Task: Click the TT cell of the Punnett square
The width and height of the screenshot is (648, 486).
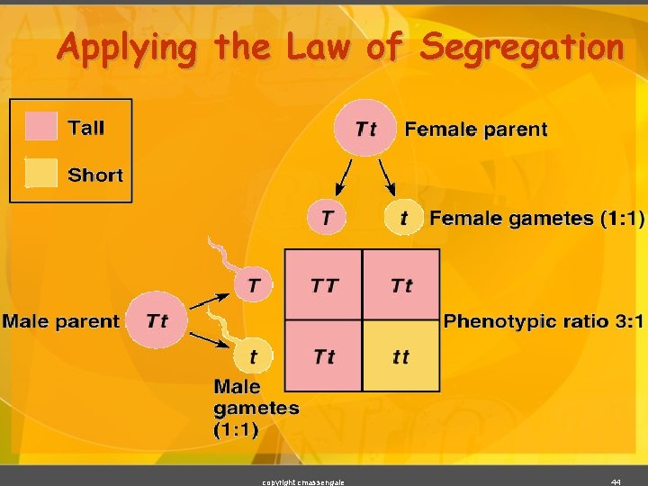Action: [324, 284]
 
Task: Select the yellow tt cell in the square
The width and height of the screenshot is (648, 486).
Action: [401, 355]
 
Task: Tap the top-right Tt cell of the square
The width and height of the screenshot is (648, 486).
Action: [401, 284]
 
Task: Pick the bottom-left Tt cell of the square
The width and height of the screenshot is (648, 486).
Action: [324, 355]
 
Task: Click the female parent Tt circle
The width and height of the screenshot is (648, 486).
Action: [365, 129]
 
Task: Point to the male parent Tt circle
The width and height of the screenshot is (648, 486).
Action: [157, 320]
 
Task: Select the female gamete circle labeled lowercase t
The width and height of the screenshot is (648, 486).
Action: [404, 217]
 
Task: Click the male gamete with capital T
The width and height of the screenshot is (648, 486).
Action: [254, 285]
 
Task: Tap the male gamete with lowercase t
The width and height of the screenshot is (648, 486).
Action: [253, 355]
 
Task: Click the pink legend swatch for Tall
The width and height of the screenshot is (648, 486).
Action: [41, 127]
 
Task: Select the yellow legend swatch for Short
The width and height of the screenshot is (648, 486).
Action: [41, 174]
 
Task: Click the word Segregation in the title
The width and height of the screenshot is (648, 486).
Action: [521, 47]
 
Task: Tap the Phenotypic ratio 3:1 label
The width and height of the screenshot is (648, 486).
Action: [544, 320]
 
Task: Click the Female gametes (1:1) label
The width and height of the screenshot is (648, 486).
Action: [536, 218]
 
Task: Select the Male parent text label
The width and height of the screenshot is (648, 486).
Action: [60, 320]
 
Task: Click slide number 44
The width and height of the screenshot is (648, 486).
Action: [616, 481]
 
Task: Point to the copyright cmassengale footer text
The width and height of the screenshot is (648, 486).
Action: [302, 481]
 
